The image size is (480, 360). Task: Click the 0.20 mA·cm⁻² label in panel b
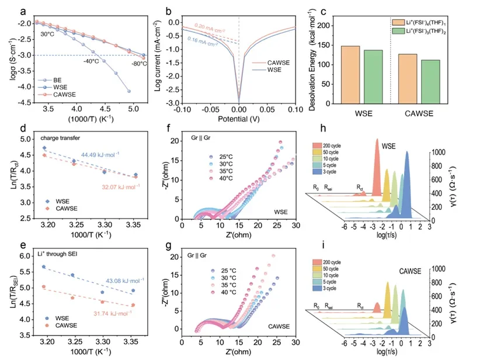(x=209, y=26)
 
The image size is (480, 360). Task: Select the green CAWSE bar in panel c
(x=427, y=75)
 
